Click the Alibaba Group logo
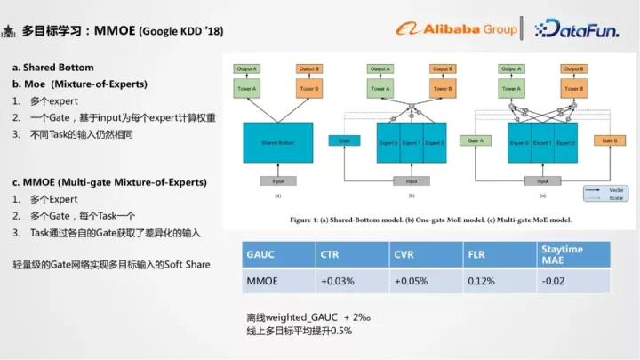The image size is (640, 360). click(456, 28)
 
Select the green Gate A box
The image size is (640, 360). click(476, 140)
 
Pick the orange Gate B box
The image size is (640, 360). click(608, 140)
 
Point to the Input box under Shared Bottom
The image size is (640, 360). click(277, 180)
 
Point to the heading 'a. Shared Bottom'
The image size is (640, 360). click(52, 68)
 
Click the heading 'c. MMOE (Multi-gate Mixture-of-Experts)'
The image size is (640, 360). click(109, 182)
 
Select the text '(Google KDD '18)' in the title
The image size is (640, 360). click(181, 32)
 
